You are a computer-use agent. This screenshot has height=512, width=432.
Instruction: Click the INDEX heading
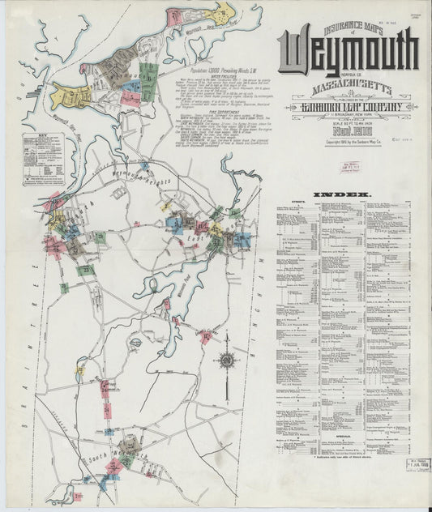(x=346, y=195)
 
